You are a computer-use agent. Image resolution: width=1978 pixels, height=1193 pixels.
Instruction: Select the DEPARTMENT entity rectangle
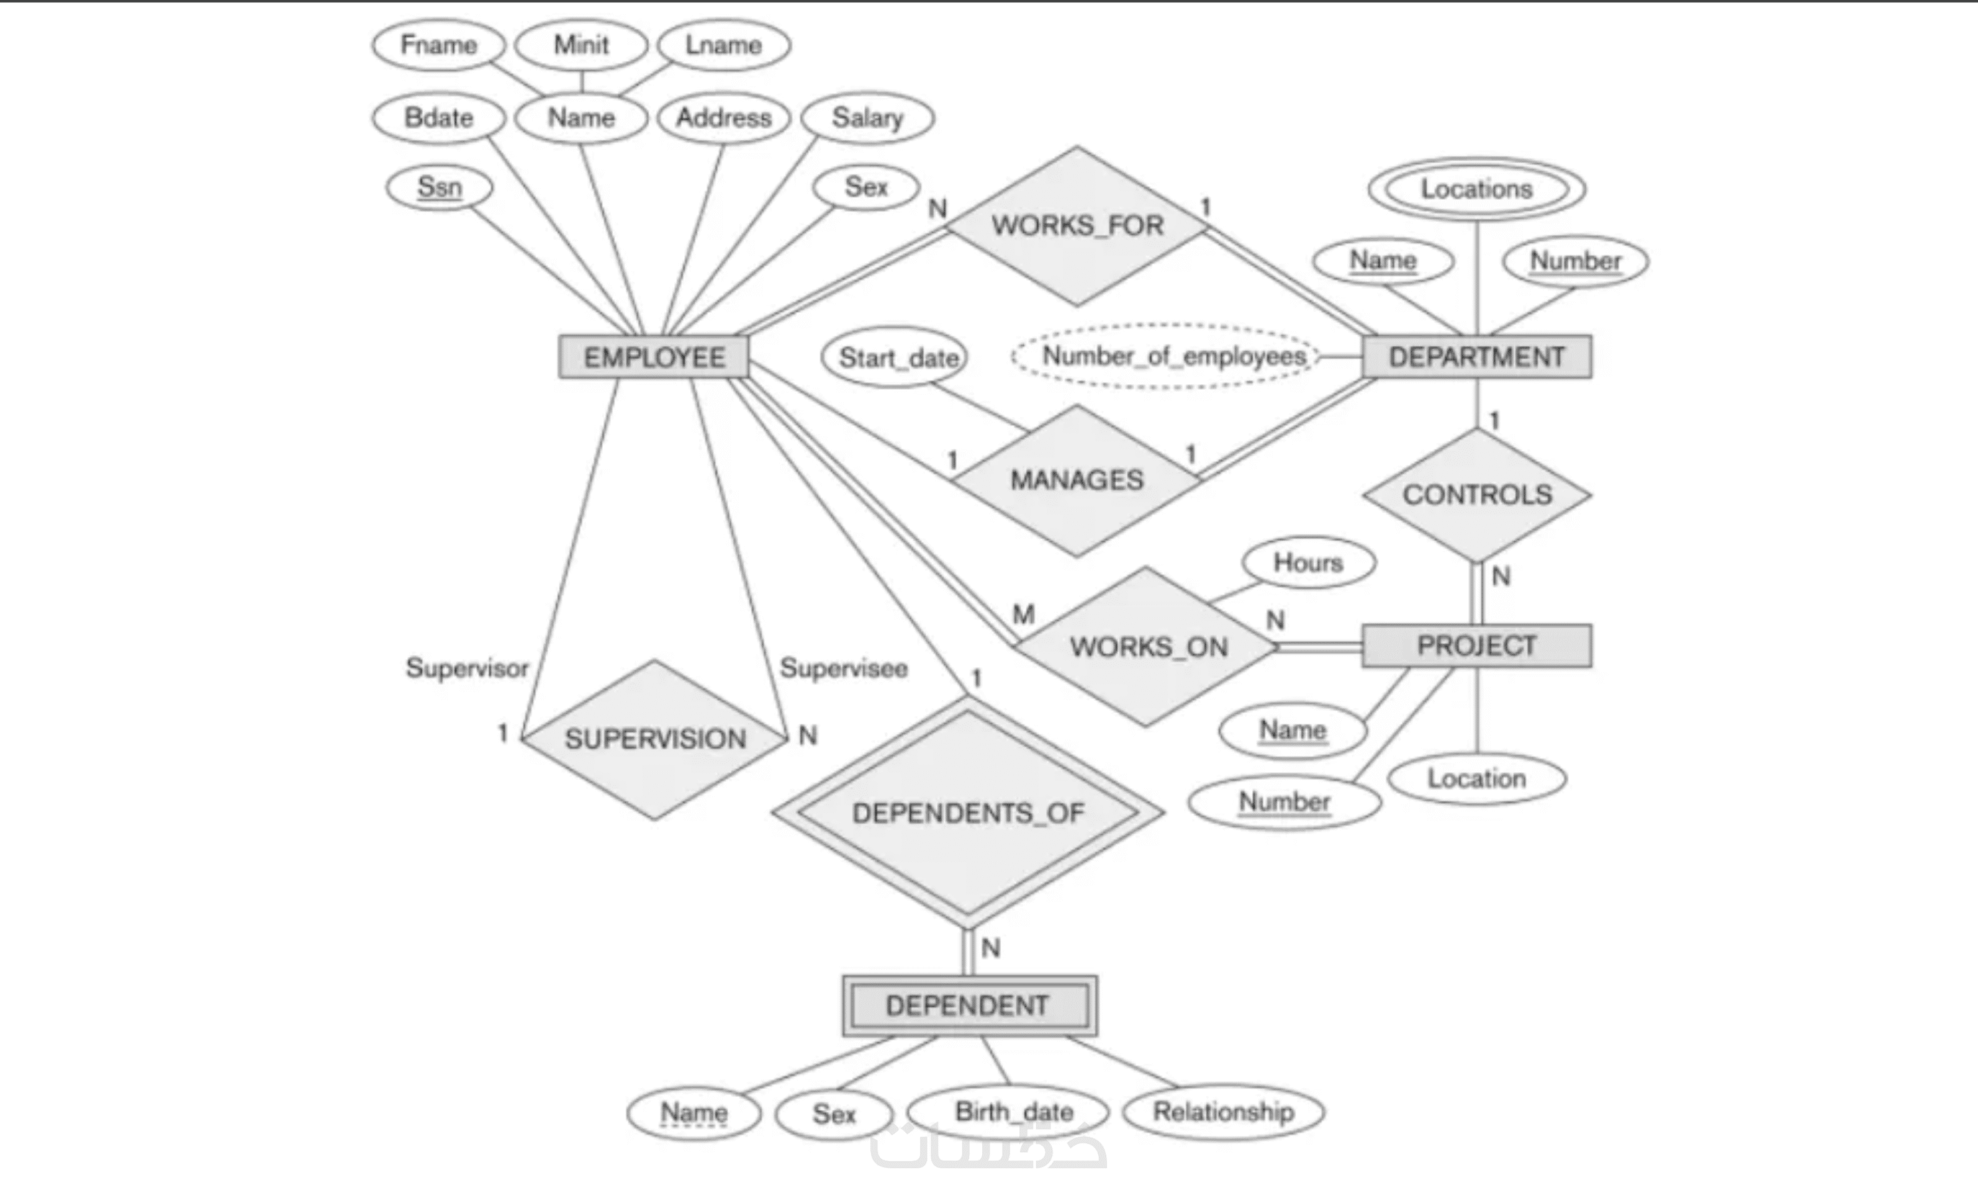click(x=1476, y=356)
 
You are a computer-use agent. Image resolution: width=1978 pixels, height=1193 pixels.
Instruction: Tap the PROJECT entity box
click(x=1476, y=646)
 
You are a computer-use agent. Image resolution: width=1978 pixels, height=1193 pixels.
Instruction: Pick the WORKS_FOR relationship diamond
click(x=1077, y=225)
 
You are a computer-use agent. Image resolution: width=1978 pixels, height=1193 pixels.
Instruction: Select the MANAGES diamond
click(x=1077, y=480)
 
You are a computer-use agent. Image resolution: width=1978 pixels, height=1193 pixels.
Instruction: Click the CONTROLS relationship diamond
click(x=1477, y=495)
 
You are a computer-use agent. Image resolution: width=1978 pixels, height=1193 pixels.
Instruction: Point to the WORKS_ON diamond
click(x=1148, y=646)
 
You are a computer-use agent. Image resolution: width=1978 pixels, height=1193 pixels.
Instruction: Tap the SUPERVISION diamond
click(x=655, y=739)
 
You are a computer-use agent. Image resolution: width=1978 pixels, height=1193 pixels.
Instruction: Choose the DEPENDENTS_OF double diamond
click(x=968, y=813)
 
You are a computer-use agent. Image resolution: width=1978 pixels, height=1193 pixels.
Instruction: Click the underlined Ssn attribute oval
click(x=439, y=187)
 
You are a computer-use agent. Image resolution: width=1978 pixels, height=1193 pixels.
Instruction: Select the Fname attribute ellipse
click(x=438, y=45)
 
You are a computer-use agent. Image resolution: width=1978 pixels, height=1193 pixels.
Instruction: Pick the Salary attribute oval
click(x=867, y=118)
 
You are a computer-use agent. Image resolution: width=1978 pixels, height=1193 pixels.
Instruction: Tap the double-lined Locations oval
click(x=1476, y=189)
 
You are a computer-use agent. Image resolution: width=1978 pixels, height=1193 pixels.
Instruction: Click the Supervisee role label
click(x=844, y=668)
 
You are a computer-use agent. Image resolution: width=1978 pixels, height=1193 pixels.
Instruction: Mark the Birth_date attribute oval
click(x=1008, y=1112)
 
